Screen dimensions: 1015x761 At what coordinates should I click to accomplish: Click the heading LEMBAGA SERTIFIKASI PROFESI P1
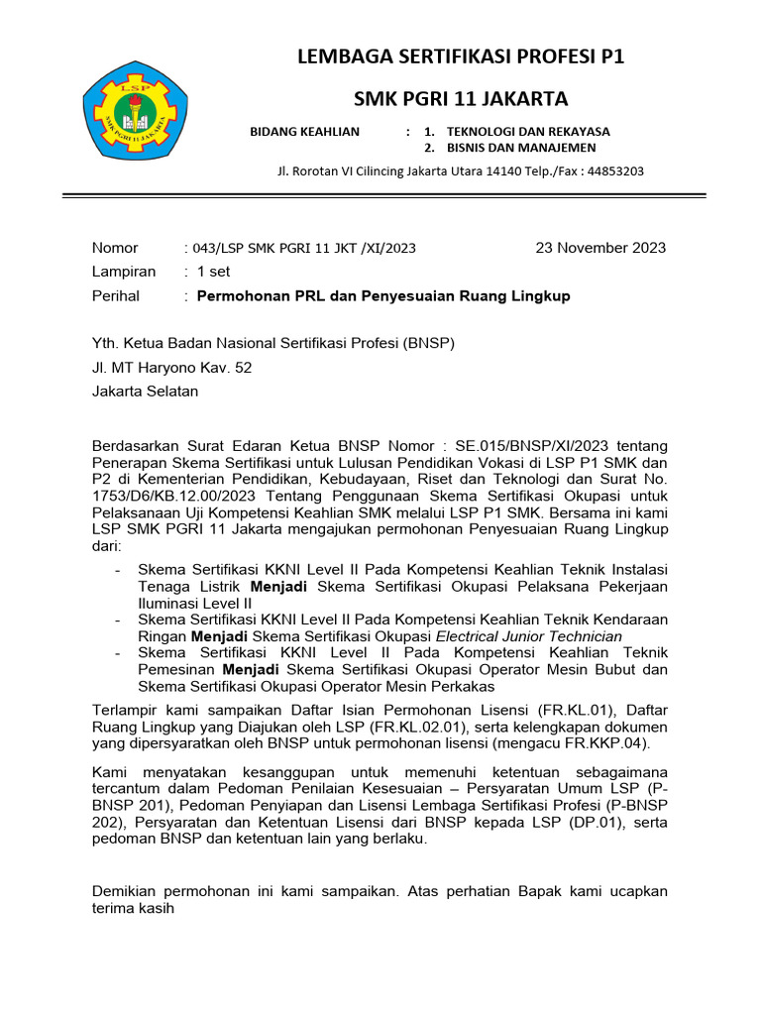click(x=462, y=56)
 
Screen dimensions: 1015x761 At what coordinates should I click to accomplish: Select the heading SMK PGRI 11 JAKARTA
click(x=462, y=99)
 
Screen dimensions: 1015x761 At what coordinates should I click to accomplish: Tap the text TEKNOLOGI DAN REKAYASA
click(x=528, y=131)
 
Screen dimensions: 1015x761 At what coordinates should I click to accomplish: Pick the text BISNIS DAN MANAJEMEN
click(x=521, y=148)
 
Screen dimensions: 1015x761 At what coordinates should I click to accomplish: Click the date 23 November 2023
click(x=600, y=248)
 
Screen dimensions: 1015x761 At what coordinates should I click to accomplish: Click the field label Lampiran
click(x=124, y=272)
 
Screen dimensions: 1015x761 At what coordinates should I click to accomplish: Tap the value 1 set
click(x=213, y=272)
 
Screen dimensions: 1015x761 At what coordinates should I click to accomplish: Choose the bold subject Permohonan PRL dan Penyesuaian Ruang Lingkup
click(x=383, y=295)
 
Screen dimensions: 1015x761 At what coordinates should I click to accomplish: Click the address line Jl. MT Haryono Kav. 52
click(x=171, y=367)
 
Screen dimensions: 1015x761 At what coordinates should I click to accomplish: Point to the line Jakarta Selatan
click(x=145, y=391)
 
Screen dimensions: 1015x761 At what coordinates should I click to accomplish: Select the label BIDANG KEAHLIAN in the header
click(x=304, y=131)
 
